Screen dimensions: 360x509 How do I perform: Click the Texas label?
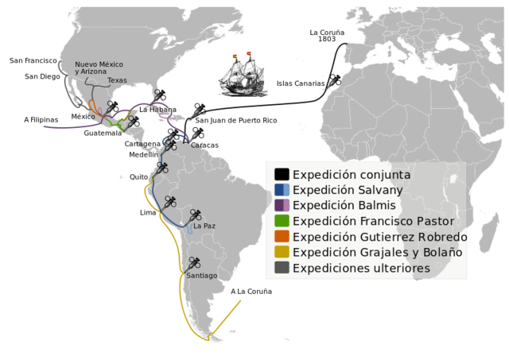point(117,80)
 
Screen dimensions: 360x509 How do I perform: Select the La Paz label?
point(204,226)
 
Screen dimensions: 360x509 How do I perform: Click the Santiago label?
point(201,275)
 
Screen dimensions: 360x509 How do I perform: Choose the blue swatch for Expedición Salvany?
point(282,190)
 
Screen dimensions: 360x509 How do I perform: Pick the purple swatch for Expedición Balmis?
point(282,206)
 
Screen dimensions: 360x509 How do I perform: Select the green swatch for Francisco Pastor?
point(282,221)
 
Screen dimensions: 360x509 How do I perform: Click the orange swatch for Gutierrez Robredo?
point(282,237)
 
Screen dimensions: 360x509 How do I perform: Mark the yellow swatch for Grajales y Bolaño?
point(282,252)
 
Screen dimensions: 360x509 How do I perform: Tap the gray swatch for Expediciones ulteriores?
point(282,268)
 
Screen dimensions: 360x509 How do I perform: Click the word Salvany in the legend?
point(375,191)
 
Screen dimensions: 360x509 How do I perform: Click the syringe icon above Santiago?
point(193,262)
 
